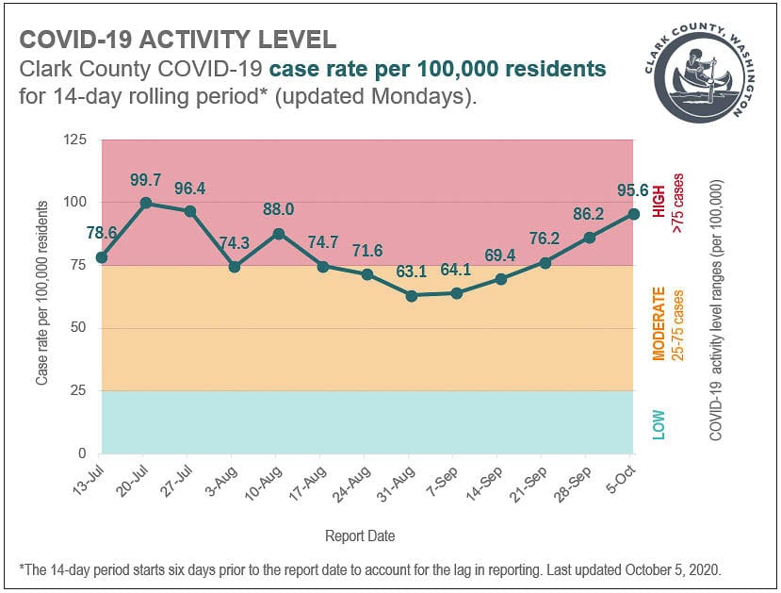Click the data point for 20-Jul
146,203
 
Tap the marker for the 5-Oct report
634,214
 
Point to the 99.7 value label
146,180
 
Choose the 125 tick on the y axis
74,140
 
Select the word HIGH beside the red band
659,201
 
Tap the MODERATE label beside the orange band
659,324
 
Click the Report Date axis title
360,535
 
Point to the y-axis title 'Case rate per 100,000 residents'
42,297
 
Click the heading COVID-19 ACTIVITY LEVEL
177,40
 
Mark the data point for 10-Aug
279,233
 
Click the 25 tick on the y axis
78,390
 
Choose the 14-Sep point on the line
501,279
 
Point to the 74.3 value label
235,244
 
